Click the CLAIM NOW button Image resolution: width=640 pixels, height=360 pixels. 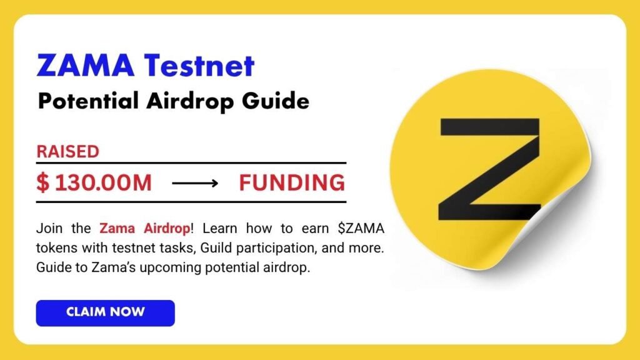[105, 312]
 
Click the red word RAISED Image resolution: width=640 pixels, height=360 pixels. [67, 151]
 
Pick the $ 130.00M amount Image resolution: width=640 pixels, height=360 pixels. [94, 183]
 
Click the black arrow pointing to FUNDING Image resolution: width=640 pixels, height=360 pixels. [195, 184]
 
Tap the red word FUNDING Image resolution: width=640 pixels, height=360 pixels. [292, 183]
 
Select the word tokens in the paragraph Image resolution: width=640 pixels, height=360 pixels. [54, 248]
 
